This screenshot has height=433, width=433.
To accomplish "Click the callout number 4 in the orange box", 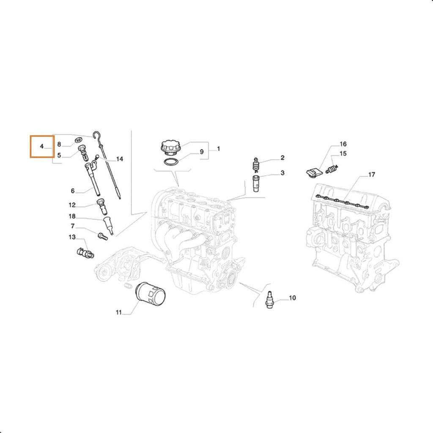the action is pyautogui.click(x=42, y=146).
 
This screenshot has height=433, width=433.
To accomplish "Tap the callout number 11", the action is pyautogui.click(x=118, y=312).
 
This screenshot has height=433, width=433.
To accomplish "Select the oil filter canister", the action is pyautogui.click(x=151, y=294).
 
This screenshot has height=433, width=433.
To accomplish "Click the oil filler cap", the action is pyautogui.click(x=171, y=148).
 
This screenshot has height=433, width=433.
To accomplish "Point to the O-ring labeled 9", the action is pyautogui.click(x=171, y=162).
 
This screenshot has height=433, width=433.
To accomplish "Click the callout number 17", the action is pyautogui.click(x=372, y=175).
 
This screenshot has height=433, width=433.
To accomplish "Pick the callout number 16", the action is pyautogui.click(x=343, y=144).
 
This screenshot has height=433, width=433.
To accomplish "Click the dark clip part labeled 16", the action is pyautogui.click(x=315, y=173).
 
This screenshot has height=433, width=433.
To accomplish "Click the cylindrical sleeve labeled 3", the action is pyautogui.click(x=256, y=183).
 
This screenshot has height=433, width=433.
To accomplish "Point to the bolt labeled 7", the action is pyautogui.click(x=103, y=236).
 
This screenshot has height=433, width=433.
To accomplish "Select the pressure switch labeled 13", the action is pyautogui.click(x=85, y=252).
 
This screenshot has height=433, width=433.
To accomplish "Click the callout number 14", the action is pyautogui.click(x=119, y=159).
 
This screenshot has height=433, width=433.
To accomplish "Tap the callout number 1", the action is pyautogui.click(x=219, y=148).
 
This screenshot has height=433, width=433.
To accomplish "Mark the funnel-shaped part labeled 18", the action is pyautogui.click(x=108, y=225).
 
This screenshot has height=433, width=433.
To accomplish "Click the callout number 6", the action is pyautogui.click(x=73, y=191).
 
